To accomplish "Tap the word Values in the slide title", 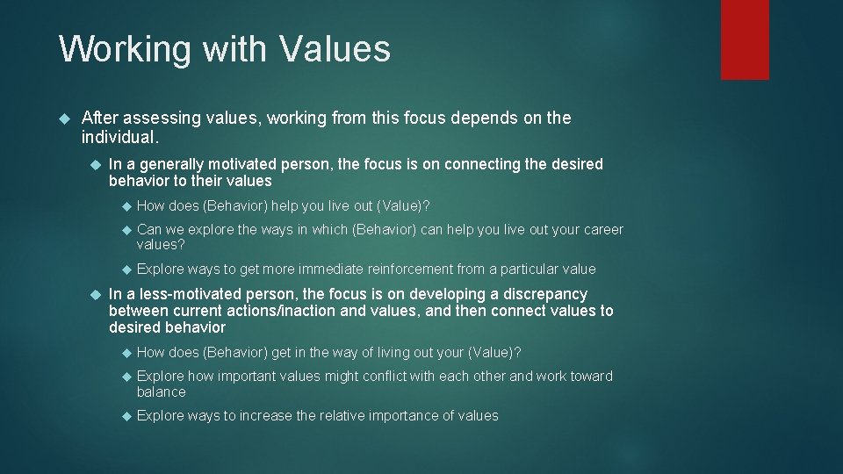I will [x=335, y=49].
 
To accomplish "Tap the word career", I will [x=600, y=229].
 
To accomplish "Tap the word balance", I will [x=161, y=391].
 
